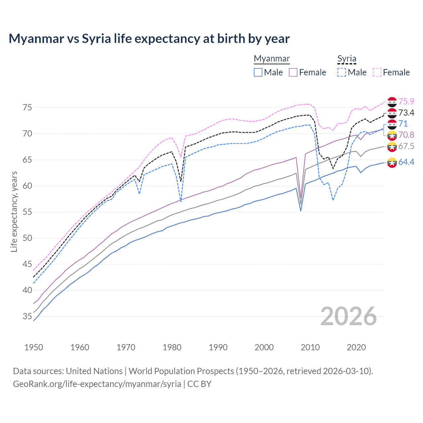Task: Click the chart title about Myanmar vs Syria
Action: coord(149,39)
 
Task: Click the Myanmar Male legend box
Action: coord(258,72)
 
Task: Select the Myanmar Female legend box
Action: coord(293,72)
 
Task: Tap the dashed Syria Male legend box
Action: coord(342,72)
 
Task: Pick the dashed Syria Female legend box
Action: coord(377,72)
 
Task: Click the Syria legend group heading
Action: coord(347,59)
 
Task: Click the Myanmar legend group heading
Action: coord(272,59)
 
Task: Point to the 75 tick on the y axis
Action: coord(27,108)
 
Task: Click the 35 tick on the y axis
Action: coord(27,317)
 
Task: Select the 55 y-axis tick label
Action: coord(27,212)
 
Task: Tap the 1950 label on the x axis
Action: coord(34,347)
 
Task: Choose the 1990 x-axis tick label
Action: coord(218,347)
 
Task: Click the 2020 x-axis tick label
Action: coord(356,347)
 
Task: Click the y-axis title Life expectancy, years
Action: coord(14,211)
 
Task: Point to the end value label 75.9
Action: coord(406,101)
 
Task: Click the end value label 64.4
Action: coord(406,162)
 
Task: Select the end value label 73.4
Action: coord(406,113)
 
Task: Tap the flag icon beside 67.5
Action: coord(392,146)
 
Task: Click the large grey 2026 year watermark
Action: coord(349,316)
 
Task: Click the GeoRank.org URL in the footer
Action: coord(97,384)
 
